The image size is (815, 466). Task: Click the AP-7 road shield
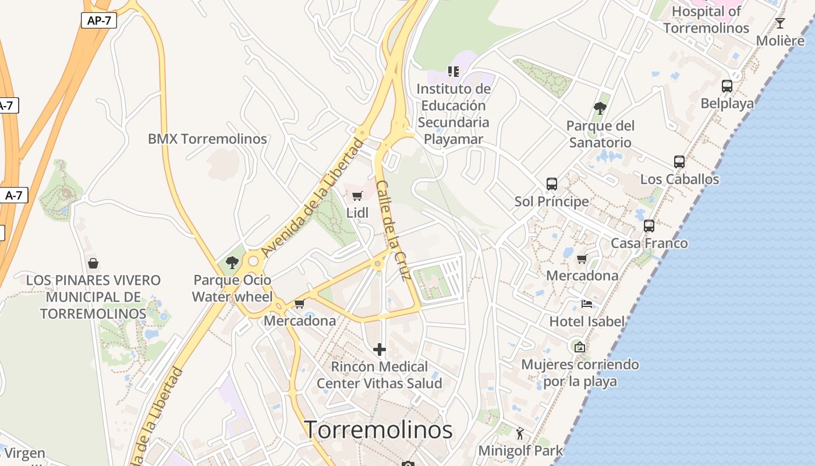pyautogui.click(x=99, y=20)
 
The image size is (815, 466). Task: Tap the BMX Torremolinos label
pyautogui.click(x=207, y=139)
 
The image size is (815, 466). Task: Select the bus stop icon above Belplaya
pyautogui.click(x=727, y=86)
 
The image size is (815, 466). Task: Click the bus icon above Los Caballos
pyautogui.click(x=679, y=162)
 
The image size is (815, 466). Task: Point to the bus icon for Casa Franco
pyautogui.click(x=649, y=226)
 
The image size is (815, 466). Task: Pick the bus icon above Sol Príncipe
pyautogui.click(x=551, y=184)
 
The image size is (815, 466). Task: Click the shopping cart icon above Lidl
pyautogui.click(x=357, y=196)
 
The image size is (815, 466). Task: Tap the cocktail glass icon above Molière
pyautogui.click(x=780, y=23)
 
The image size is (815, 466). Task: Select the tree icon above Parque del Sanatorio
pyautogui.click(x=600, y=108)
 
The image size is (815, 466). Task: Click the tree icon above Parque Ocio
pyautogui.click(x=232, y=263)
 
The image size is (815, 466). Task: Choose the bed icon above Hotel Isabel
pyautogui.click(x=587, y=304)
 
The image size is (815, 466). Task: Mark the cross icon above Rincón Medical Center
pyautogui.click(x=380, y=349)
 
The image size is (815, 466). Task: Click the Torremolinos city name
pyautogui.click(x=379, y=430)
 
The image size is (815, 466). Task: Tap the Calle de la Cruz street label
pyautogui.click(x=394, y=230)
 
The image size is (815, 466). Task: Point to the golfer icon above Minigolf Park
pyautogui.click(x=520, y=433)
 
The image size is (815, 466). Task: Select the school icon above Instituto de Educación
pyautogui.click(x=453, y=72)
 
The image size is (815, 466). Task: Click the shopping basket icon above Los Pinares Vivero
pyautogui.click(x=93, y=263)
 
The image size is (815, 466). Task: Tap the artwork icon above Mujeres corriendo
pyautogui.click(x=579, y=347)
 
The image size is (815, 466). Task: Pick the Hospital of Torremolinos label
pyautogui.click(x=706, y=19)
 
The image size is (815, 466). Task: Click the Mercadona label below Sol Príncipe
pyautogui.click(x=582, y=276)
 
